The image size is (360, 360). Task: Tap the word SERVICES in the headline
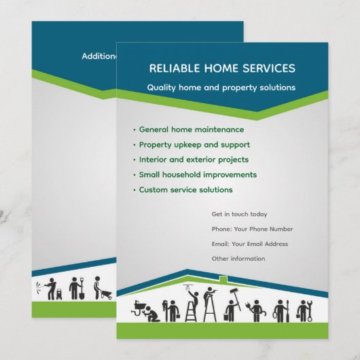tap(269, 68)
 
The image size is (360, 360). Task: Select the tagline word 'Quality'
tap(163, 88)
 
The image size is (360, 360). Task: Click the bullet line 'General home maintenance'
tap(191, 129)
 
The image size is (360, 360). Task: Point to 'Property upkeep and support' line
tap(194, 145)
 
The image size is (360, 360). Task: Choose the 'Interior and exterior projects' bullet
tap(194, 160)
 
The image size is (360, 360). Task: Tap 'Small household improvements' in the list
tap(198, 175)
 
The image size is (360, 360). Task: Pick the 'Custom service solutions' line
tap(185, 190)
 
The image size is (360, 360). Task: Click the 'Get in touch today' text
tap(239, 214)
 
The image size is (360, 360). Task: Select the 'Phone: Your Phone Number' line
tap(252, 229)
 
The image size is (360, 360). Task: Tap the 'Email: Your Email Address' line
tap(249, 244)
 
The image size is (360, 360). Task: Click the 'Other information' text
tap(238, 259)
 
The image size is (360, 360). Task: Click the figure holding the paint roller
tap(232, 306)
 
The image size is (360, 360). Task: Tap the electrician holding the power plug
tap(256, 310)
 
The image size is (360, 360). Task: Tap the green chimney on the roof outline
tap(223, 278)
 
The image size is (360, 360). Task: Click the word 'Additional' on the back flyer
tap(99, 56)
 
